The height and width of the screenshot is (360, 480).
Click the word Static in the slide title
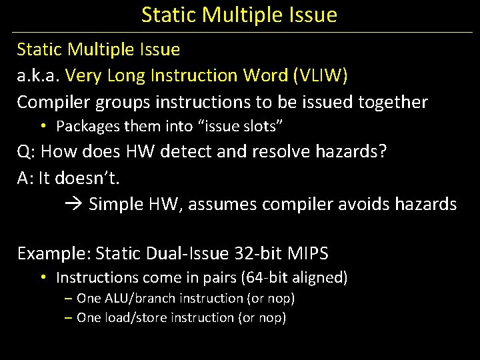tap(163, 15)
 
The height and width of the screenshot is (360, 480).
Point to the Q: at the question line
tap(27, 151)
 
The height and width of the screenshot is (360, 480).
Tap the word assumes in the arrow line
tap(222, 204)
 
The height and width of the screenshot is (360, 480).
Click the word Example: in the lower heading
tap(54, 254)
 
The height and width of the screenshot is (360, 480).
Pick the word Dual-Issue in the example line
tap(196, 254)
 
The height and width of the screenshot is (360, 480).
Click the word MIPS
tap(308, 254)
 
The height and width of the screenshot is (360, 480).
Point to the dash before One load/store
tap(69, 318)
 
